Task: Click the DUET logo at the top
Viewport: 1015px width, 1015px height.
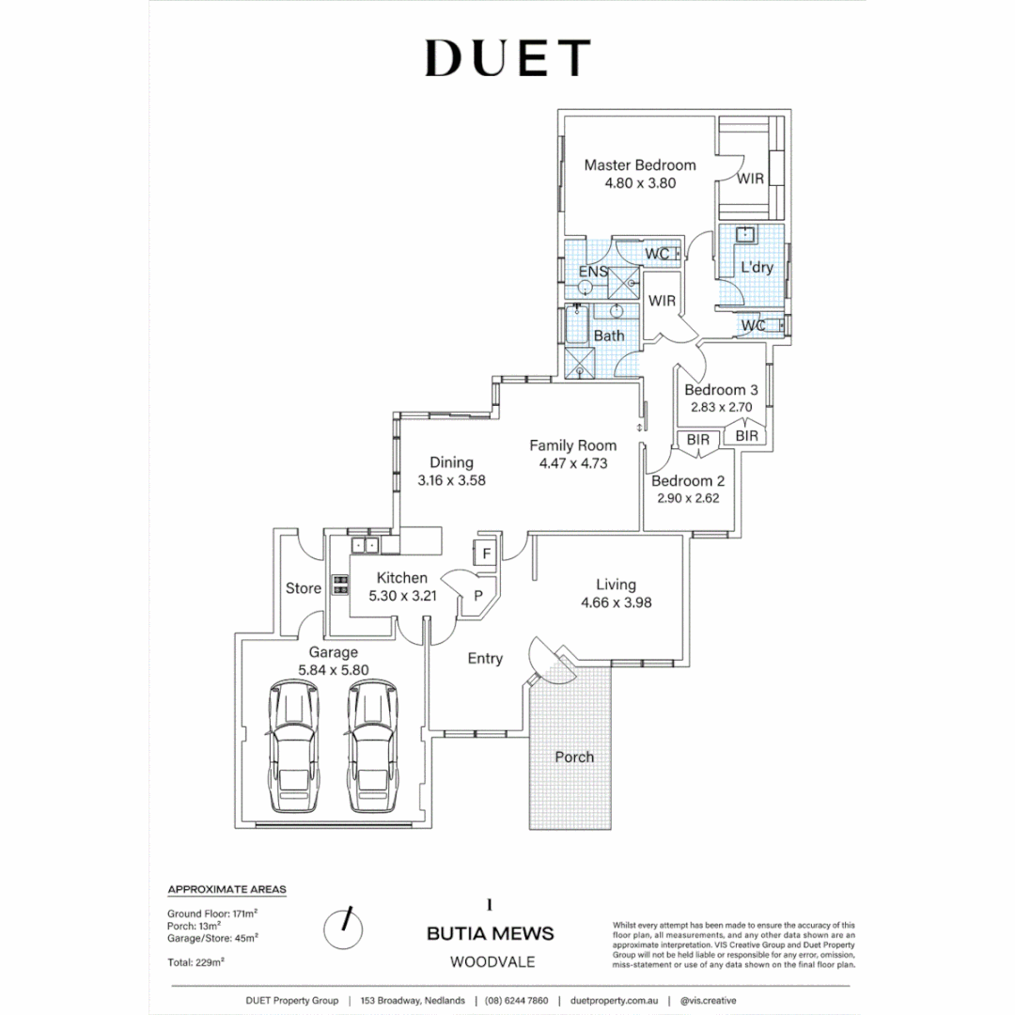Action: [x=507, y=58]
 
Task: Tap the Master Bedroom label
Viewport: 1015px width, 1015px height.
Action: [x=640, y=165]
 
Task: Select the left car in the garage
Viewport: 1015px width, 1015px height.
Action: [x=294, y=747]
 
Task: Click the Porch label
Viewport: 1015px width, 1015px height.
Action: [x=573, y=757]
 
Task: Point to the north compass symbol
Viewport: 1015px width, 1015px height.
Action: [x=343, y=929]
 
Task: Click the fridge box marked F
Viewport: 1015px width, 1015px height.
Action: [x=486, y=554]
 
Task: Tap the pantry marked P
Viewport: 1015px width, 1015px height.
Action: [x=478, y=595]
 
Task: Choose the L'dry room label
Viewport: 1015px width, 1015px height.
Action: [x=757, y=268]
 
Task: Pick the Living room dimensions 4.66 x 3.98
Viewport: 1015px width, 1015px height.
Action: [x=617, y=602]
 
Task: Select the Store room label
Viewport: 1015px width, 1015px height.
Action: [x=303, y=588]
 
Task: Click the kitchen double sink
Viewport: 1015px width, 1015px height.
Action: [x=365, y=545]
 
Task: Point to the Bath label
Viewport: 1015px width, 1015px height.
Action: [x=609, y=336]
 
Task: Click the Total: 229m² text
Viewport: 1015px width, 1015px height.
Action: [x=195, y=961]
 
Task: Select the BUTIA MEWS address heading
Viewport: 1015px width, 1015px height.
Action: [x=490, y=934]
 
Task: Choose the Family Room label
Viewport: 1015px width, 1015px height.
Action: [x=572, y=445]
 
